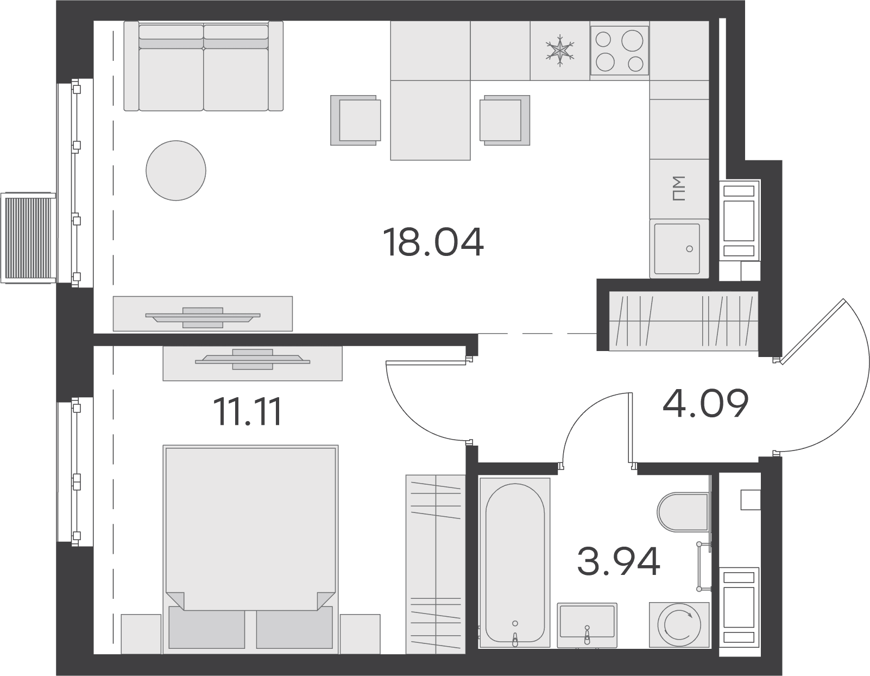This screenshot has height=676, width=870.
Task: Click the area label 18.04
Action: pyautogui.click(x=433, y=242)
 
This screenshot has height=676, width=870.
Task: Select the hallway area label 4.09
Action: pyautogui.click(x=705, y=403)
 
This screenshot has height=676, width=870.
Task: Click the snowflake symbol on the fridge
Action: pyautogui.click(x=560, y=51)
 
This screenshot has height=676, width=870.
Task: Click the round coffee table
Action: pyautogui.click(x=176, y=171)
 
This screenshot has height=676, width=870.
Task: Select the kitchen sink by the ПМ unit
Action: pyautogui.click(x=677, y=248)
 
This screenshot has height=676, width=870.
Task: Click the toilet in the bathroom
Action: pyautogui.click(x=683, y=512)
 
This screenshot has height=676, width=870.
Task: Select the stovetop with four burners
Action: pyautogui.click(x=619, y=51)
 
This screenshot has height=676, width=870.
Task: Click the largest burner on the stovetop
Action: pyautogui.click(x=632, y=40)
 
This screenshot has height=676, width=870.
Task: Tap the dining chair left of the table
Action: pyautogui.click(x=356, y=120)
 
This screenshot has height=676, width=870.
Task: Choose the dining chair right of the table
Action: pyautogui.click(x=505, y=120)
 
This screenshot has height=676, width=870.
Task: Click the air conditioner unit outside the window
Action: pyautogui.click(x=28, y=238)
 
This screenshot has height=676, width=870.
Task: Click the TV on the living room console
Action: pyautogui.click(x=203, y=317)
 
